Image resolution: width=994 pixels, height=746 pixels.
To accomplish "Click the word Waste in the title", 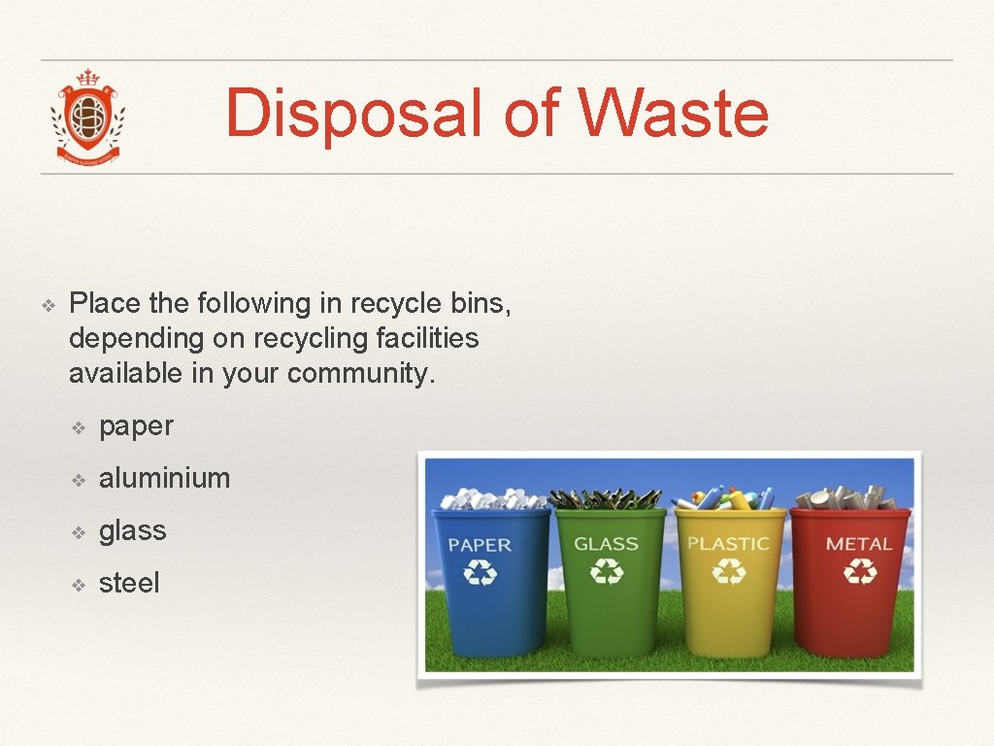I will [x=674, y=114].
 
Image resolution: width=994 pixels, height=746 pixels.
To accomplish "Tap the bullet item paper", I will [x=136, y=425].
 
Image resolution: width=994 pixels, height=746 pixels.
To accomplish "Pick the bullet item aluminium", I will [x=164, y=478].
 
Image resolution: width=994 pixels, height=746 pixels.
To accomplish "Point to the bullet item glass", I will [x=132, y=530].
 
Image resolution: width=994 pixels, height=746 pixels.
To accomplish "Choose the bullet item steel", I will [x=129, y=583].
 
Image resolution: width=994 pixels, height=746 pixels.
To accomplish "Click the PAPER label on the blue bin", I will [x=480, y=545].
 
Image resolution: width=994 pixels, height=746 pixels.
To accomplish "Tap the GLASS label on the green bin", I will [x=606, y=544].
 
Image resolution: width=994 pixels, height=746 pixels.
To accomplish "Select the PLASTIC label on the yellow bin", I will [x=728, y=544].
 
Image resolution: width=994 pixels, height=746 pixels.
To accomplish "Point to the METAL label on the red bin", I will [x=858, y=544].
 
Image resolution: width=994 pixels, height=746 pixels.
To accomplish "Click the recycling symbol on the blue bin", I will [x=480, y=574].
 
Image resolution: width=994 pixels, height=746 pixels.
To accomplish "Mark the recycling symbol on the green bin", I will [x=607, y=573].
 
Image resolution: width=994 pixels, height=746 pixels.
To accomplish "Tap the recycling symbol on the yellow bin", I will [x=729, y=572].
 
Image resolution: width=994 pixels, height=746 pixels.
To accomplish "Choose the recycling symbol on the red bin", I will [x=859, y=572].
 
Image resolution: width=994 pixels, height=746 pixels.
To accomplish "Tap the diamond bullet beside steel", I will [x=81, y=584].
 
